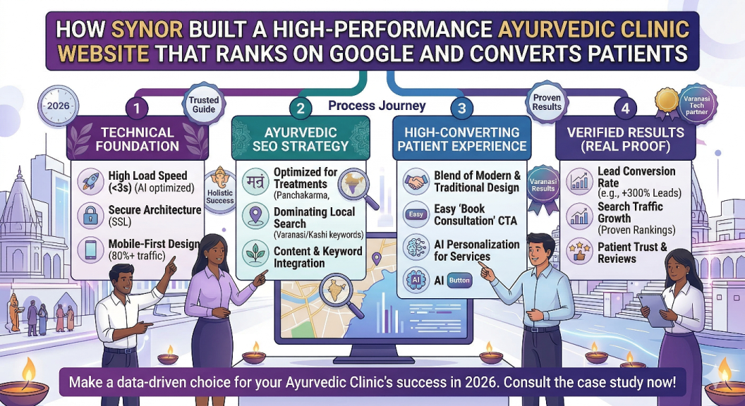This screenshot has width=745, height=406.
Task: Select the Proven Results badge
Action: click(547, 102)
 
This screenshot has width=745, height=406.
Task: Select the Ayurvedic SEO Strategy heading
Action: click(300, 140)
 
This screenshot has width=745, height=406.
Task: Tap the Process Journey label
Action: click(377, 106)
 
